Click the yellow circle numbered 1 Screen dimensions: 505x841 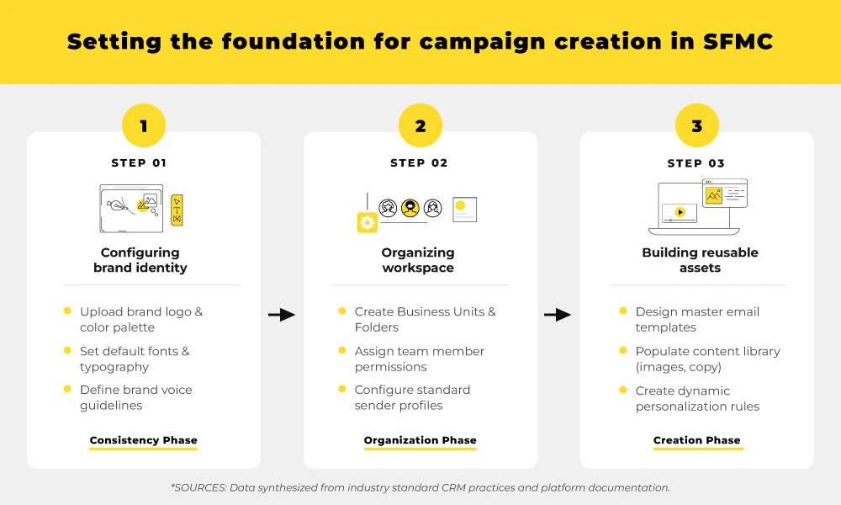tap(144, 126)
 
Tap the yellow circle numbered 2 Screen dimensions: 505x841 tap(420, 126)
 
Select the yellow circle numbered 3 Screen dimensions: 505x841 tap(696, 126)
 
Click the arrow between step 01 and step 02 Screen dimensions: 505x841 tap(282, 315)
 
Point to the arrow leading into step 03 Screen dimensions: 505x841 tap(558, 315)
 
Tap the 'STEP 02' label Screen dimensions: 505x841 tap(420, 163)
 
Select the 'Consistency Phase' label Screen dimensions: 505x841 tap(144, 440)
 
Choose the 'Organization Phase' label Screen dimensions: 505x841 tap(420, 440)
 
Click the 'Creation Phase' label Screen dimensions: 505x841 tap(697, 440)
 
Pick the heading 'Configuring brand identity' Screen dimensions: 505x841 tap(140, 260)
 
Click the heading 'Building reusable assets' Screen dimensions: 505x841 tap(700, 260)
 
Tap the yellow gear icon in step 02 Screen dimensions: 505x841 tap(368, 222)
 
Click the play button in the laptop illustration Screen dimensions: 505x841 tap(680, 213)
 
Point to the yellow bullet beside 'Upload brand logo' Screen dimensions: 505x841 tap(67, 311)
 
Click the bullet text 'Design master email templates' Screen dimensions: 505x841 tap(697, 319)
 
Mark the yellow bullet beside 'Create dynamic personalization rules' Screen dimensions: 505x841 tap(622, 390)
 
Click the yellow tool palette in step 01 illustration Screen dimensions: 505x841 tap(177, 210)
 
